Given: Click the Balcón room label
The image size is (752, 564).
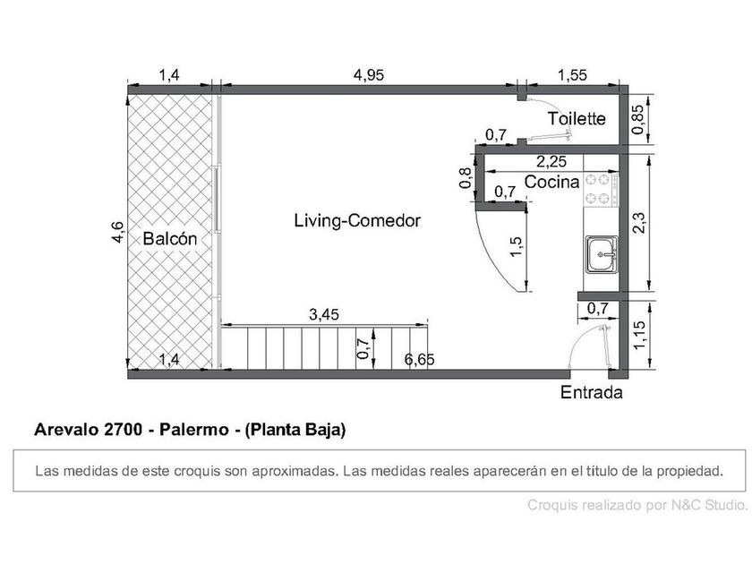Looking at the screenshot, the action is [170, 238].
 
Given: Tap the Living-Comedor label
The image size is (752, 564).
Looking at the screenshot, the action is [357, 220].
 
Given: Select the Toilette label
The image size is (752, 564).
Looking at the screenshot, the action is [577, 118].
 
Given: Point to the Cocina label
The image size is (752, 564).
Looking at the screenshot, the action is [552, 183].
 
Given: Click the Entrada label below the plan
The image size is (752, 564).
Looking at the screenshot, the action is [592, 392].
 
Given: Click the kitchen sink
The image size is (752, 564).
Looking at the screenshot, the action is [602, 254].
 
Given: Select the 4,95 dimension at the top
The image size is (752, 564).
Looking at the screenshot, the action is [369, 75].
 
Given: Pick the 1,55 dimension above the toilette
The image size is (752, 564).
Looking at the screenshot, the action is [572, 75].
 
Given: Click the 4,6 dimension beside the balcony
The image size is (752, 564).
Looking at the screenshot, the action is [118, 232].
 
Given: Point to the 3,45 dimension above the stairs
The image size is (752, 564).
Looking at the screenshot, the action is [324, 314].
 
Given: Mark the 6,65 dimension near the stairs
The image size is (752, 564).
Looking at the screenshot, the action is [419, 359].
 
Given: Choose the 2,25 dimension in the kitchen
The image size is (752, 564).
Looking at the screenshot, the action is [551, 162].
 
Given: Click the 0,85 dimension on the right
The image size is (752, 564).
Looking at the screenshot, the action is [638, 119].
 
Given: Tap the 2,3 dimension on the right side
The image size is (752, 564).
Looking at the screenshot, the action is [638, 223].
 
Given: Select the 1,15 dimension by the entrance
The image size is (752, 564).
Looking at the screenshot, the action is [638, 335].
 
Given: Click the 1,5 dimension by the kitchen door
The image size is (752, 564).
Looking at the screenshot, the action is [516, 247].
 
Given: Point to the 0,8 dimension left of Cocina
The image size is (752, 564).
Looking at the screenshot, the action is [466, 178].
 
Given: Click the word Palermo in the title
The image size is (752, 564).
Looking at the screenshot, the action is [193, 429].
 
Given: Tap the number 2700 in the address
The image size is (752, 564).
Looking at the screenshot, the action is [123, 429].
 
